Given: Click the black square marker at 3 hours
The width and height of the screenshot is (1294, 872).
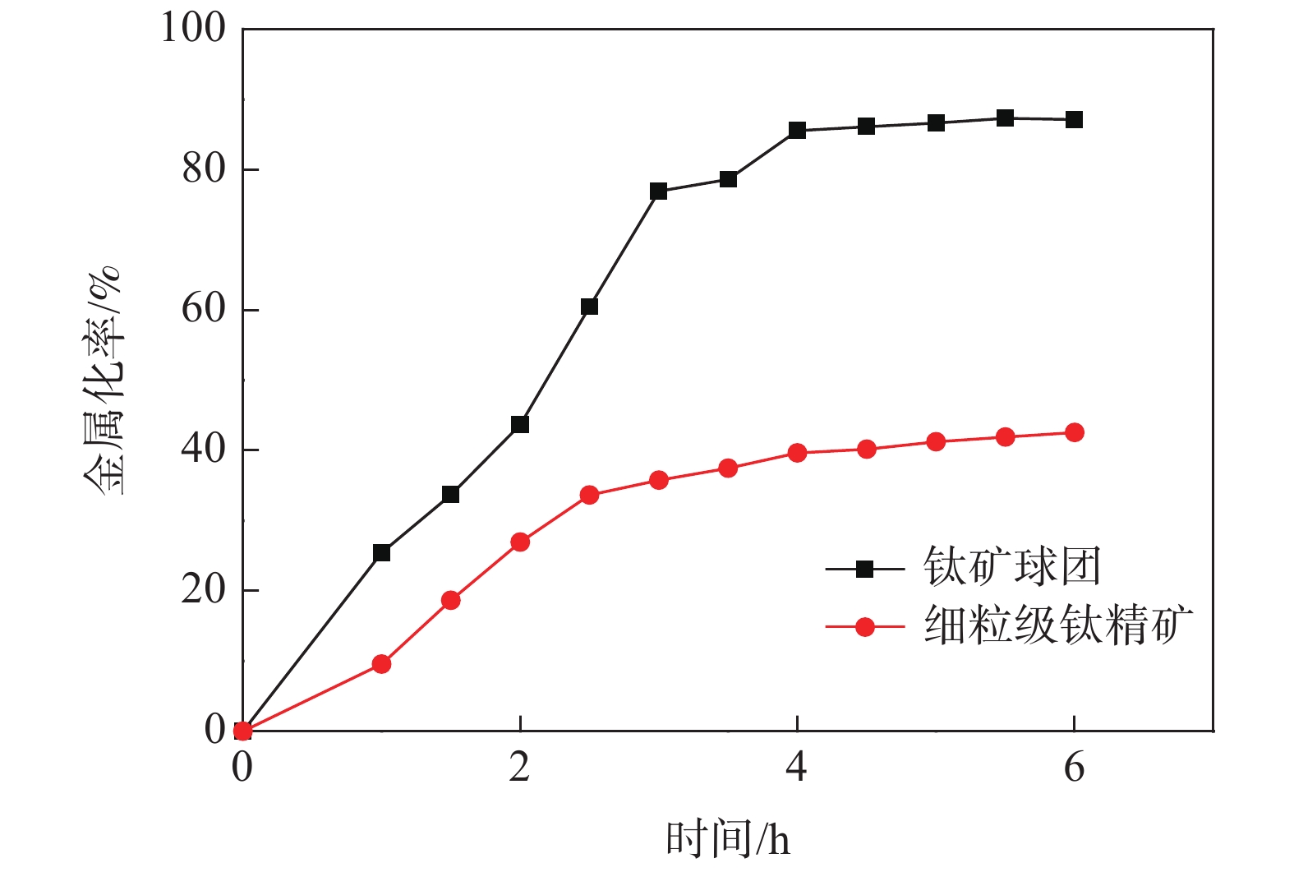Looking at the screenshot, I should coord(658,191).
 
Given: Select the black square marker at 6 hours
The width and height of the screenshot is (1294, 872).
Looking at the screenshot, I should coord(1074,120).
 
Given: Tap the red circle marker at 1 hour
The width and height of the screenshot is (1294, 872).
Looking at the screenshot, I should coord(381,664).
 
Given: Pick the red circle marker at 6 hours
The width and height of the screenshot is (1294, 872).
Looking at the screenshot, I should coord(1074,433).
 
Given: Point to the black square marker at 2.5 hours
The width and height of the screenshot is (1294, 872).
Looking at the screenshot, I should coord(589,307).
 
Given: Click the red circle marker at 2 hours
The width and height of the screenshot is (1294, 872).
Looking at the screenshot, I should coord(520,542).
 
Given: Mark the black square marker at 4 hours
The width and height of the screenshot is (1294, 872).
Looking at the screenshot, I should coord(797,131).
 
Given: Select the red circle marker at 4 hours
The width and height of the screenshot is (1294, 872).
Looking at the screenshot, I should coord(797,453).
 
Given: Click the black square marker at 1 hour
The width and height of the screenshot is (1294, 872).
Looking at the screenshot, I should coord(381,553).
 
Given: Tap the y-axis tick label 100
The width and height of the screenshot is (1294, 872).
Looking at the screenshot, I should coord(193,29).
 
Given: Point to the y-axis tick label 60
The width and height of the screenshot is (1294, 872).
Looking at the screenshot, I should coord(204,310).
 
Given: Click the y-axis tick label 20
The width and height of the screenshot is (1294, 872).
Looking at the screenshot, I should coord(204,590).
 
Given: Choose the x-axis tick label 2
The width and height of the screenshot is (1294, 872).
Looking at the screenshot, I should coord(519,768).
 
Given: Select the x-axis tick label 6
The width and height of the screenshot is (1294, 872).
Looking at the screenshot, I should coord(1074,768).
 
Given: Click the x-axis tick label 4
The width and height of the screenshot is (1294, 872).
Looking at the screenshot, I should coord(796,768).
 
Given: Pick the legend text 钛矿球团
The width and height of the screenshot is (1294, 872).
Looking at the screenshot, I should coord(1011,568).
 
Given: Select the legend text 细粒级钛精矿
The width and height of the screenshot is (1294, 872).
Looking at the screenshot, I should coord(1058,627).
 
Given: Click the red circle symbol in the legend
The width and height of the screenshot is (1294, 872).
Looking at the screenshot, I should coord(864,627).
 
